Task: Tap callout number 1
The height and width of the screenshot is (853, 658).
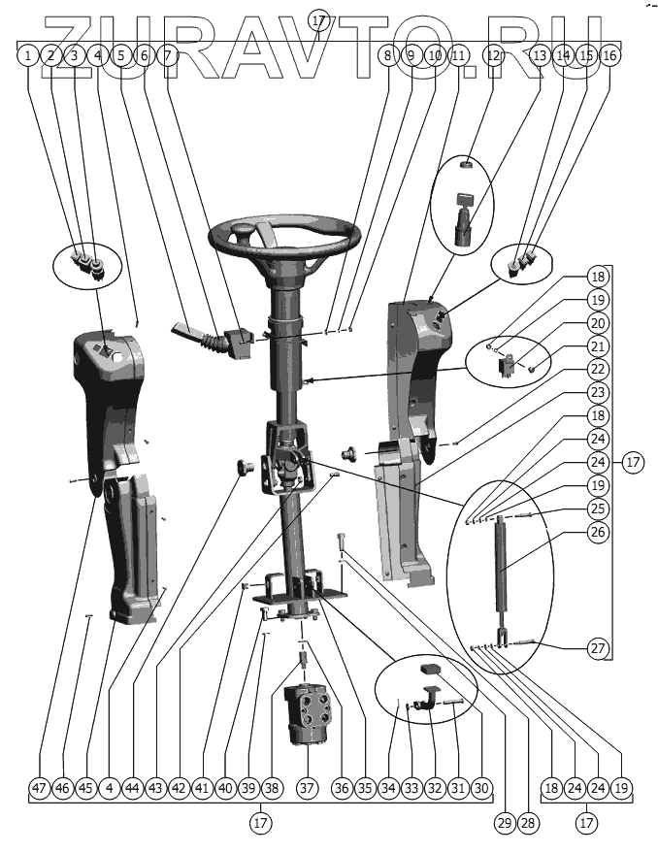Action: pos(29,55)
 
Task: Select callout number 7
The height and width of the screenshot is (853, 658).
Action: pos(168,55)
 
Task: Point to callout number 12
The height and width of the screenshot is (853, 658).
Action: pos(495,55)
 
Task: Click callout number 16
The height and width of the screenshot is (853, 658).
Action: pos(609,55)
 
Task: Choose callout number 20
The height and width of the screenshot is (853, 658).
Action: pos(598,324)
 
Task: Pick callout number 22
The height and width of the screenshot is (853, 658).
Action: pos(598,370)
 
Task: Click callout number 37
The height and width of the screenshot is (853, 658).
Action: pos(308,789)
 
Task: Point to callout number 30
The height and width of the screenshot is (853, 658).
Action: pos(480,789)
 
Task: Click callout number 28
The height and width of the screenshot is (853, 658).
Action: pos(527,823)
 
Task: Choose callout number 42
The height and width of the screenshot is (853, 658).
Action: pos(178,789)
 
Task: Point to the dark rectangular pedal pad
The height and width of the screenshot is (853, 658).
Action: pos(431,669)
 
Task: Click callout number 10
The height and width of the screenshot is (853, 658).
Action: pos(434,55)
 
